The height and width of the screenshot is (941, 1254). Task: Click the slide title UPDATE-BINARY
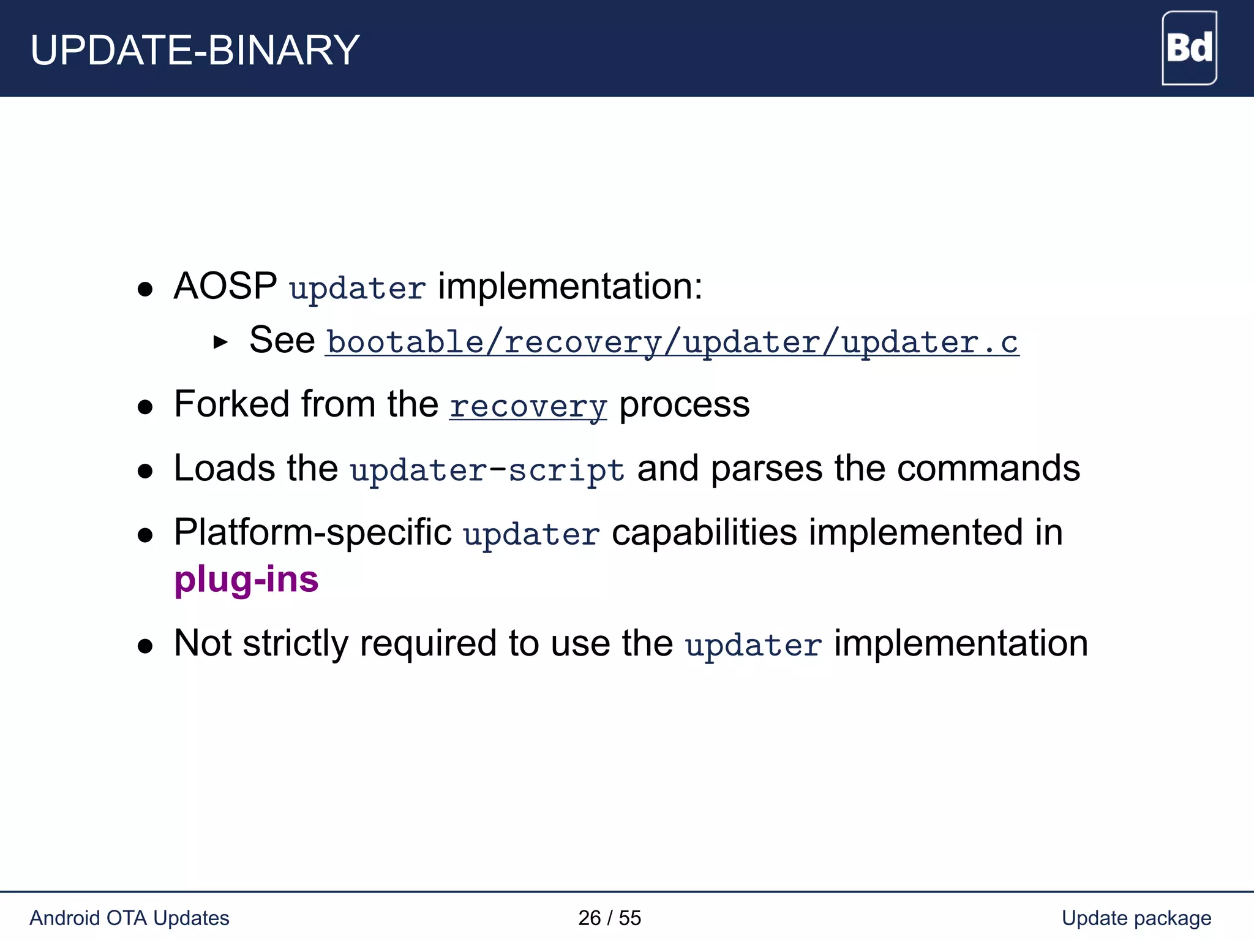pos(195,50)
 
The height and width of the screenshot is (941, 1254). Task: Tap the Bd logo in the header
pos(1189,48)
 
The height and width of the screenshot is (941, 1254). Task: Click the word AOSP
pos(225,286)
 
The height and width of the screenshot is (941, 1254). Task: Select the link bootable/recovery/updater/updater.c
pos(672,342)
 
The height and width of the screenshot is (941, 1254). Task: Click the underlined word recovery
pos(528,406)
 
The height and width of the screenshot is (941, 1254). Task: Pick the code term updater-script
pos(487,470)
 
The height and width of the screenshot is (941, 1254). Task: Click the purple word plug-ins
pos(246,580)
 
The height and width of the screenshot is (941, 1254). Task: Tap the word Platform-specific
pos(313,532)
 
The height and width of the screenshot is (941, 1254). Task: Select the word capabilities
pos(704,532)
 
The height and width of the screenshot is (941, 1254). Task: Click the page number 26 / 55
pos(609,918)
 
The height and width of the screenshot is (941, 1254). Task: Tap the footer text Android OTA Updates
pos(129,918)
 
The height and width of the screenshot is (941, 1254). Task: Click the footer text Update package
pos(1136,918)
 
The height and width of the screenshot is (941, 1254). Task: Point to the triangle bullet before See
pos(220,342)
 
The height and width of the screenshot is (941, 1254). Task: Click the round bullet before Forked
pos(145,407)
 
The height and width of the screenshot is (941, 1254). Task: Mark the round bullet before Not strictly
pos(145,646)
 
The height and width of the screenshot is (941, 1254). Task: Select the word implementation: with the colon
pos(570,286)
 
